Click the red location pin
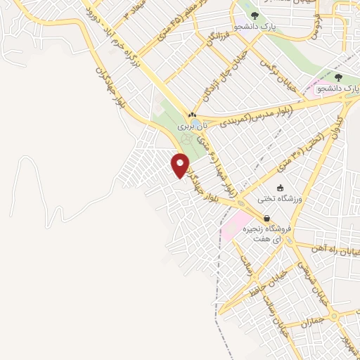coord(180,165)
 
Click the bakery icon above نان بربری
coord(191,115)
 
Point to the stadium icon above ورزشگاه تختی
coord(281,188)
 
